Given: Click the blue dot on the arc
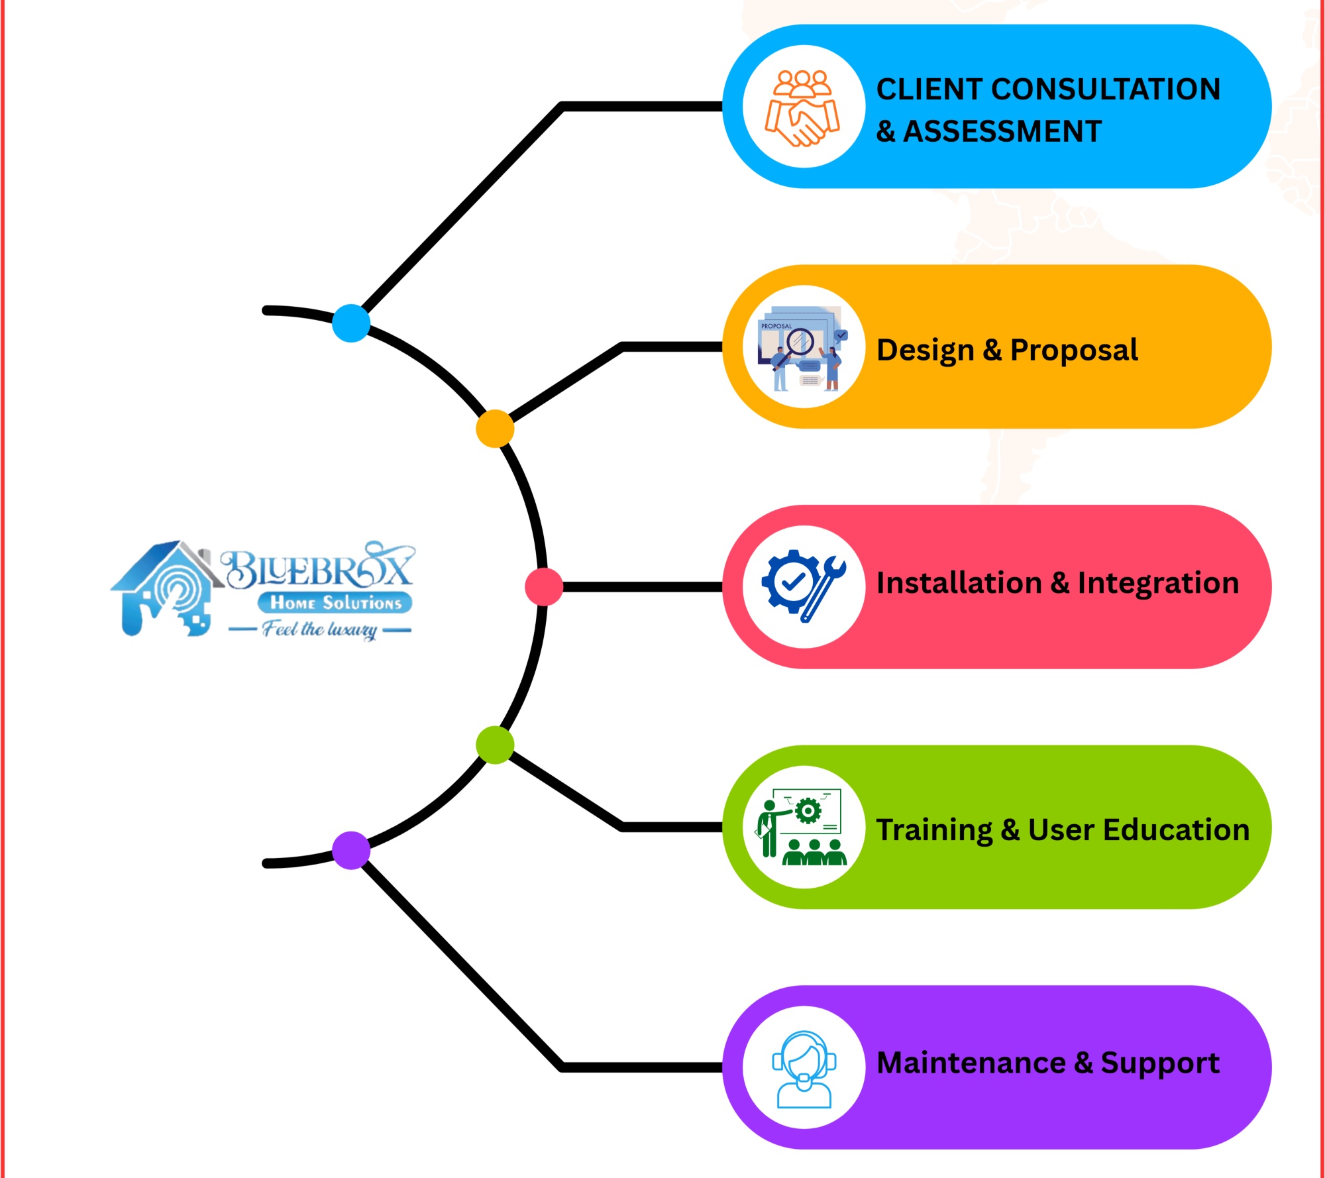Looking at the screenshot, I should point(350,323).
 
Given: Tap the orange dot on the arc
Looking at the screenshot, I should point(495,429).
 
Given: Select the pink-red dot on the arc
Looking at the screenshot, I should point(544,586).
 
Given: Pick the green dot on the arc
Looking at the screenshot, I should point(495,745).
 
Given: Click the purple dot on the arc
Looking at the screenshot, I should point(350,850).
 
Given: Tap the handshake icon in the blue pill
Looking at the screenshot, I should point(803,107).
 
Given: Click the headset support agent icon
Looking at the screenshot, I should point(803,1067).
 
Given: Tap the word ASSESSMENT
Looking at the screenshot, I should point(1002,131).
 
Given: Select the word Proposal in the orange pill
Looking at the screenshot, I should point(1073,350).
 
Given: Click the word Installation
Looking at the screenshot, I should point(959,583).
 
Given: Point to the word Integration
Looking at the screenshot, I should point(1158,583).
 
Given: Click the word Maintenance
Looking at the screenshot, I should point(971,1063).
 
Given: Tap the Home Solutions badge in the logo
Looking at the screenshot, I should point(335,602).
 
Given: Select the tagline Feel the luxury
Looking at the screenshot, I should point(320,629).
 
